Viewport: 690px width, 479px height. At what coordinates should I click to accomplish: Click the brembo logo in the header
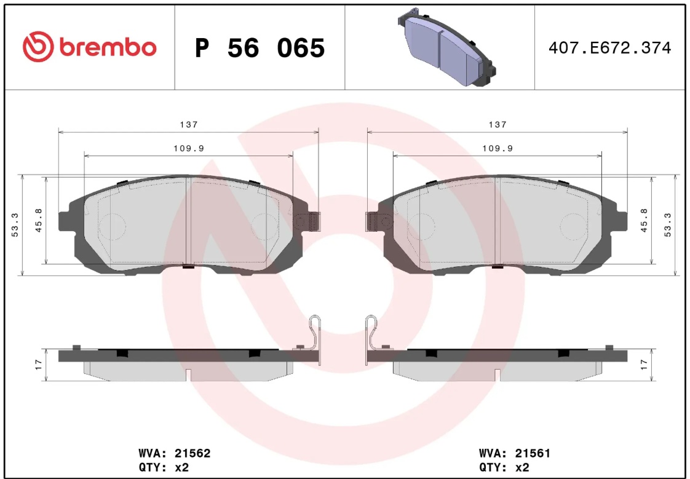pyautogui.click(x=89, y=47)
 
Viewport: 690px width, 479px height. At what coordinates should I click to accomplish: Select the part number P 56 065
pyautogui.click(x=260, y=48)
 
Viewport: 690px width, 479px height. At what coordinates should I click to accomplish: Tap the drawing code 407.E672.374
pyautogui.click(x=610, y=47)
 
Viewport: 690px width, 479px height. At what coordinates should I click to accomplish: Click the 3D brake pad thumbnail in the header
pyautogui.click(x=446, y=47)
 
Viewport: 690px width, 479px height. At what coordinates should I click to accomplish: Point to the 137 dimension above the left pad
pyautogui.click(x=189, y=125)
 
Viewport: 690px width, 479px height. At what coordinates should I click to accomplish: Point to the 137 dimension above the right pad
pyautogui.click(x=498, y=125)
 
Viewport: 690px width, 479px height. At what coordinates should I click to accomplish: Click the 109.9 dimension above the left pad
pyautogui.click(x=189, y=149)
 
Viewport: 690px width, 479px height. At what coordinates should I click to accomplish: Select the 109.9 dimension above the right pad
pyautogui.click(x=498, y=149)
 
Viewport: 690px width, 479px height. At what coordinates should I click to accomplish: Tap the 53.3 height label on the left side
pyautogui.click(x=15, y=225)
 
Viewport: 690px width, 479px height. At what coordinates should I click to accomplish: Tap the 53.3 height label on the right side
pyautogui.click(x=668, y=225)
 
